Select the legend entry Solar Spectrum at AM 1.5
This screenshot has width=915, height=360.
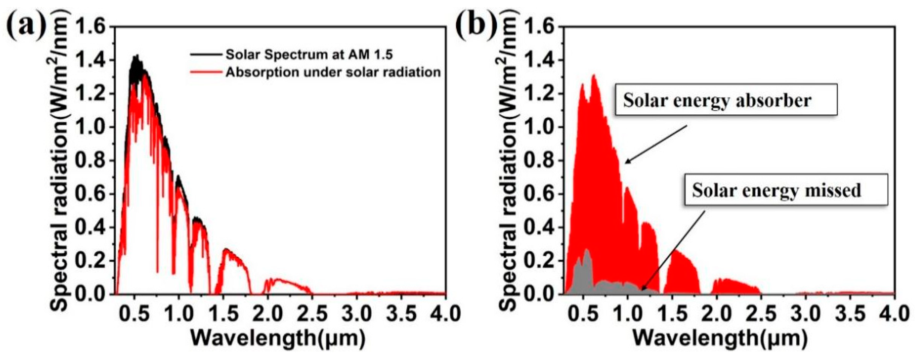click(309, 55)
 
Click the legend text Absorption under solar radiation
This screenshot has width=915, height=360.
click(333, 72)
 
